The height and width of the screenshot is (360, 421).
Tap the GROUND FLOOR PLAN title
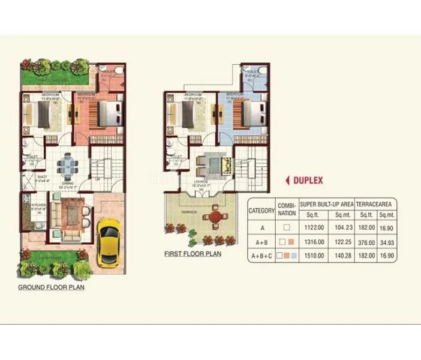[x=51, y=287]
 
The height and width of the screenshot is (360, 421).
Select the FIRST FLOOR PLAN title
[x=193, y=254]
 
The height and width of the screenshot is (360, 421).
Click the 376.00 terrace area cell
[x=366, y=242]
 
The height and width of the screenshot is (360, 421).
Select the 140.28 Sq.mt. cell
[x=343, y=256]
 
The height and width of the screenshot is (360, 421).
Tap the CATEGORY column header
[x=261, y=211]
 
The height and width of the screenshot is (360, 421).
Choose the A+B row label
[x=261, y=242]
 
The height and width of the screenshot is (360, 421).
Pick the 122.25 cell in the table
[x=343, y=242]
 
